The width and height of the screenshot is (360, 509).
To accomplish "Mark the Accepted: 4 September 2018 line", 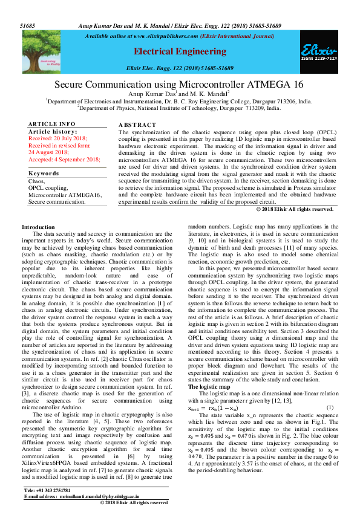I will [x=64, y=159].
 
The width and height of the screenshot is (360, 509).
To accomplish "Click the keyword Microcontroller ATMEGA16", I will [x=65, y=195].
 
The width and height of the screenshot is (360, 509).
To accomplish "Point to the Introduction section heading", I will [x=38, y=227].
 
